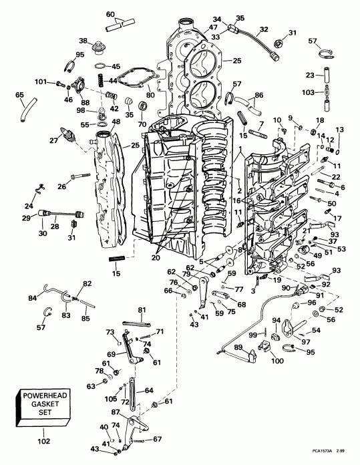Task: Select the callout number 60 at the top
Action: [111, 14]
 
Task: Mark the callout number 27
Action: [54, 140]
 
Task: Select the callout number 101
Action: [40, 82]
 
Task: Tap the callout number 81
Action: [142, 309]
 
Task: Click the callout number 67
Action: [158, 439]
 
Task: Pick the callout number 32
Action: [264, 29]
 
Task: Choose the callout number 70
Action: [141, 124]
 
